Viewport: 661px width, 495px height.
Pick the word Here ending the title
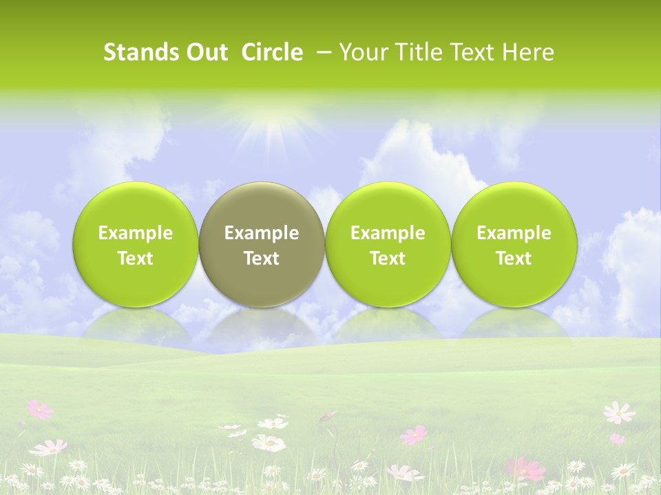(529, 52)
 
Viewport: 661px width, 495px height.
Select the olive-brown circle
(261, 244)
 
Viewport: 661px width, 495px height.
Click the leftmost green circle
(135, 244)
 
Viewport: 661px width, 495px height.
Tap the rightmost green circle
(514, 244)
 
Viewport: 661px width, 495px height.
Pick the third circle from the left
(388, 244)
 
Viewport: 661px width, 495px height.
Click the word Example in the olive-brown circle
(261, 233)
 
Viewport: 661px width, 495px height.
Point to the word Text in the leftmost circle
(135, 258)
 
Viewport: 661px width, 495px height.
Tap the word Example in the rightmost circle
(514, 233)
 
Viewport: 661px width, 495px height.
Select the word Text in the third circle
(388, 258)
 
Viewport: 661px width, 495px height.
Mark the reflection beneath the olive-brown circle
(261, 323)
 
